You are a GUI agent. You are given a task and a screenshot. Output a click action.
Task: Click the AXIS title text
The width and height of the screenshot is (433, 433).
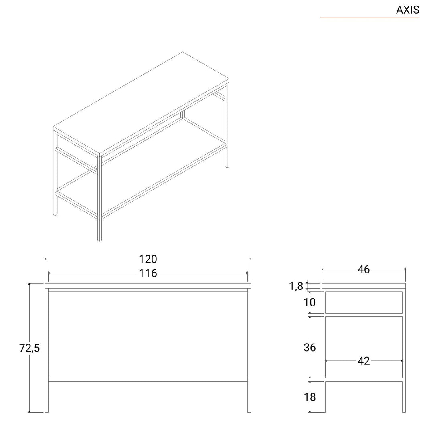click(407, 10)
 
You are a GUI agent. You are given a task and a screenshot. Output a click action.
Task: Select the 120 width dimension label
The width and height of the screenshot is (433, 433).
click(148, 259)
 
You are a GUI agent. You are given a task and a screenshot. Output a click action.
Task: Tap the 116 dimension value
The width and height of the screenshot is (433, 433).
click(148, 273)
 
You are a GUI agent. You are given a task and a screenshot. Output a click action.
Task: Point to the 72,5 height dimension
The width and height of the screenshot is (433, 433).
click(30, 348)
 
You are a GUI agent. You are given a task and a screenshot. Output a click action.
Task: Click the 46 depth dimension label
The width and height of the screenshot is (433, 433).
click(363, 269)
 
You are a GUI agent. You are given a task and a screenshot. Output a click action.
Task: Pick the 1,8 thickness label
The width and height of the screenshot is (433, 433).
click(296, 286)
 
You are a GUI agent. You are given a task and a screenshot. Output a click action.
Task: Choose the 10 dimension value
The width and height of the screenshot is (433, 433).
click(310, 302)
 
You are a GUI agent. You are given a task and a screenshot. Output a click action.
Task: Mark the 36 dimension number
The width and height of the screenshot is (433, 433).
click(310, 347)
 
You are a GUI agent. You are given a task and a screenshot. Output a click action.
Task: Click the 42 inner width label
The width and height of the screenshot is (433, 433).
click(363, 361)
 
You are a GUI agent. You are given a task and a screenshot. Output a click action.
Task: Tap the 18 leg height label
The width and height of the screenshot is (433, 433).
click(310, 397)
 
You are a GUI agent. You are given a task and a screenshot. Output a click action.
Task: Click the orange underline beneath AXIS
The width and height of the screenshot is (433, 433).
click(369, 18)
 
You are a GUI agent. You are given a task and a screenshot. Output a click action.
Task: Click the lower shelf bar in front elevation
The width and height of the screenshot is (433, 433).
click(148, 379)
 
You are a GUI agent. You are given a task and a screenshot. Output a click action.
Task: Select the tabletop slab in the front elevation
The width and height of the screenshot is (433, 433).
click(148, 286)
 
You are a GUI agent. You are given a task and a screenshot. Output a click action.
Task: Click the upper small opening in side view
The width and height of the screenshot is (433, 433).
click(363, 302)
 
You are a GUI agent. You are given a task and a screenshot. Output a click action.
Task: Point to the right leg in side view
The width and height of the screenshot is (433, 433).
click(404, 397)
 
